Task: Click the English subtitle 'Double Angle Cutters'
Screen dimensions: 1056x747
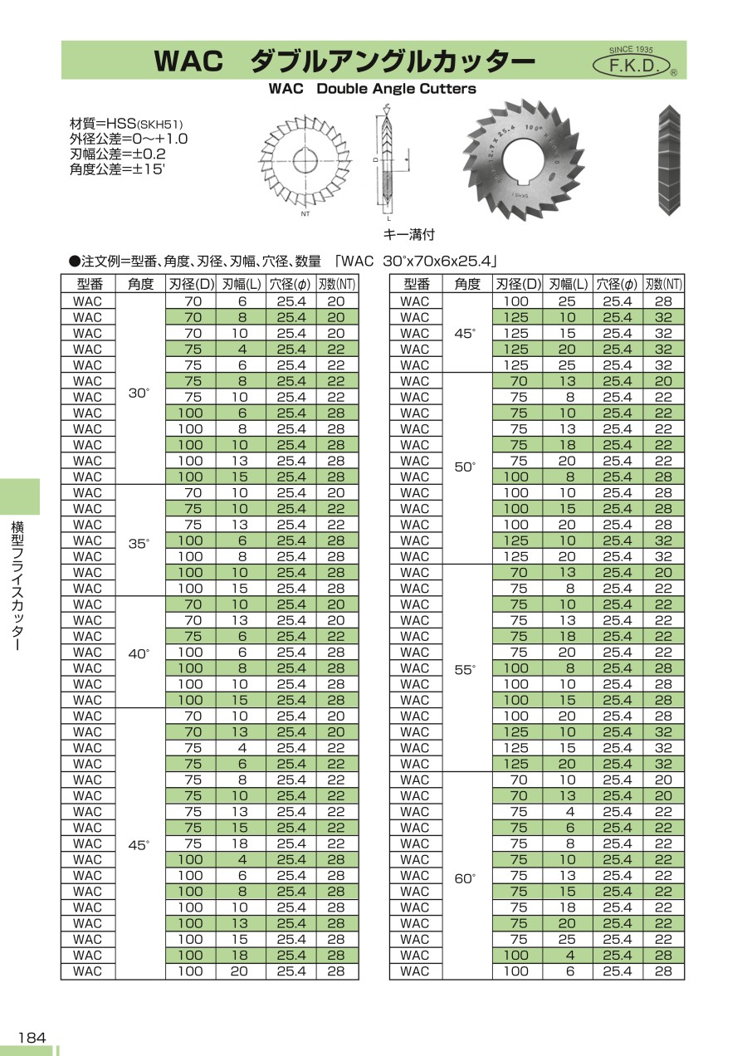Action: pyautogui.click(x=396, y=89)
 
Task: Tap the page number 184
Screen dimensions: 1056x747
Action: pyautogui.click(x=32, y=1037)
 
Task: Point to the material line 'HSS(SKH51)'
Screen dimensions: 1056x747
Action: pyautogui.click(x=124, y=124)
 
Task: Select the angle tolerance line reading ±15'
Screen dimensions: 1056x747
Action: pyautogui.click(x=118, y=169)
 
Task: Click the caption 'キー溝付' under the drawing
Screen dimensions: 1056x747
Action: pyautogui.click(x=408, y=234)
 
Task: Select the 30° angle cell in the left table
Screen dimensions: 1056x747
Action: pyautogui.click(x=140, y=393)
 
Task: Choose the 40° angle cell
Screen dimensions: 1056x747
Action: pyautogui.click(x=140, y=653)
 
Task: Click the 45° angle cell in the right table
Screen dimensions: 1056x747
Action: pyautogui.click(x=466, y=333)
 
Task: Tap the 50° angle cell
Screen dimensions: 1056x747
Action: pyautogui.click(x=466, y=467)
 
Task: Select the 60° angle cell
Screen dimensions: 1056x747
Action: pyautogui.click(x=466, y=875)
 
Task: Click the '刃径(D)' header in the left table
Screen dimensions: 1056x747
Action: pyautogui.click(x=191, y=284)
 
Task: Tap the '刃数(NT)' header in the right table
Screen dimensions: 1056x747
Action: pyautogui.click(x=664, y=284)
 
